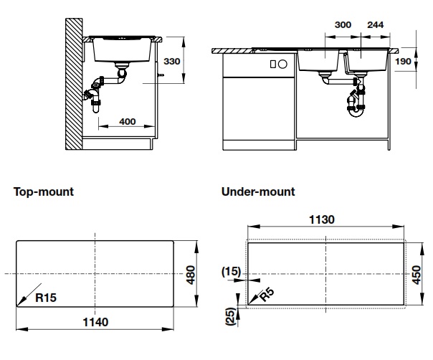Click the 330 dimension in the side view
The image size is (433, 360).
172,62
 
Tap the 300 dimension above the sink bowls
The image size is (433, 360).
343,24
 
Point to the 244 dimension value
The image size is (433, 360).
374,24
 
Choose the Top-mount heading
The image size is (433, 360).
44,192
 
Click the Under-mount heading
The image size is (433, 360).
258,192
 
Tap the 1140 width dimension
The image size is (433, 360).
95,322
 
